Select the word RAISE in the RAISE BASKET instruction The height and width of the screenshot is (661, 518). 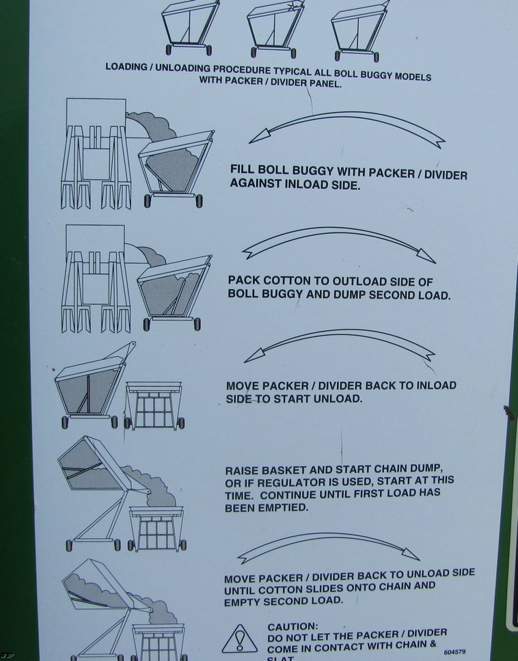[x=242, y=470]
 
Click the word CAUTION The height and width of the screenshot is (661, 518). [x=292, y=626]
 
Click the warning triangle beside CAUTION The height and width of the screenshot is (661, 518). [x=239, y=639]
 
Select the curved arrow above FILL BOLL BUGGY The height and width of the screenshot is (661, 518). [x=346, y=128]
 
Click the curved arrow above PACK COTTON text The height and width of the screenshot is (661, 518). [x=338, y=243]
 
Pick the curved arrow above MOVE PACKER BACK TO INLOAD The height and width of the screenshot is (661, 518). [x=340, y=344]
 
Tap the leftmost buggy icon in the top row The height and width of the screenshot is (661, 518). [x=190, y=27]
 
